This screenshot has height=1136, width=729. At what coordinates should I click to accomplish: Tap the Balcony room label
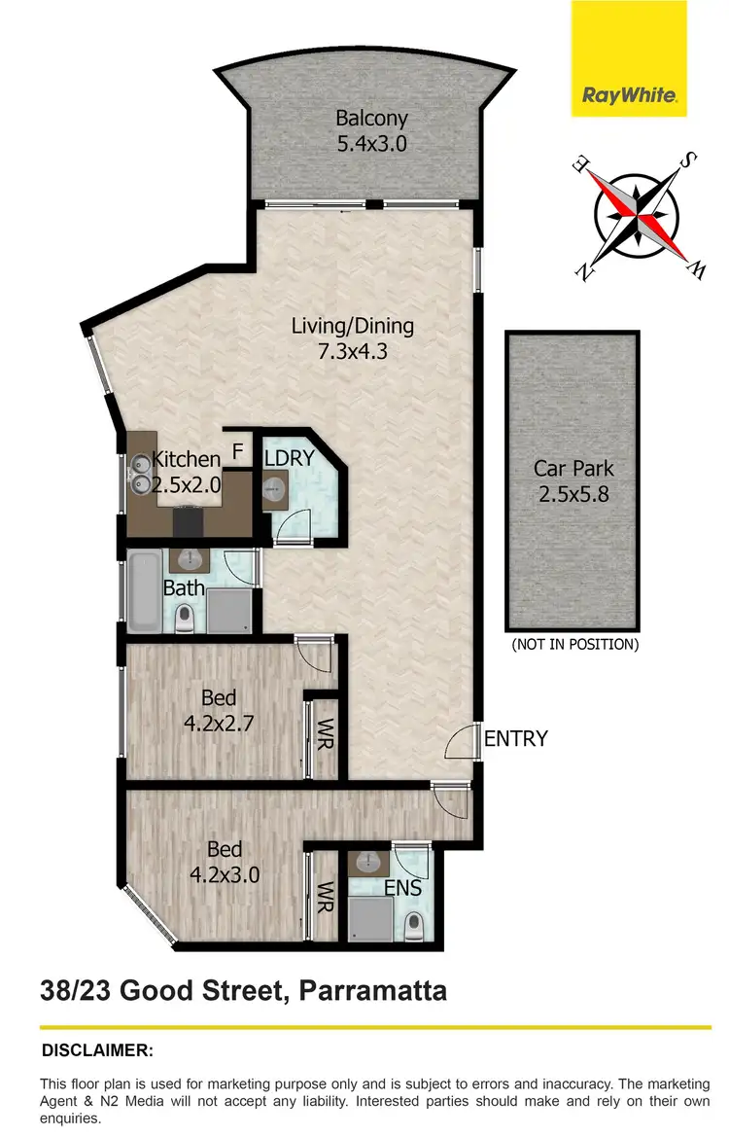click(371, 119)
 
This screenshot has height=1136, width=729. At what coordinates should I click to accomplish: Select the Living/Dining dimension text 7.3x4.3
click(353, 352)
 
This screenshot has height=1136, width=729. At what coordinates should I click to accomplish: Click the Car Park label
click(573, 468)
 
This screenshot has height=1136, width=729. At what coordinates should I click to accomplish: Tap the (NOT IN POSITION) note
click(574, 644)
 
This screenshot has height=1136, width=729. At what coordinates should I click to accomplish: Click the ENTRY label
click(515, 739)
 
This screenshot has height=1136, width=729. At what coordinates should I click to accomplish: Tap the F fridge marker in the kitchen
click(236, 451)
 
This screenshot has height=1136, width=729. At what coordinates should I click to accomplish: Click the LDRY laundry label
click(289, 456)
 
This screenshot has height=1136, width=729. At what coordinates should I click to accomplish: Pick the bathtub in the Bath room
click(144, 589)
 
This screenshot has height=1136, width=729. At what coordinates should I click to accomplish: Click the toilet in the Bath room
click(182, 618)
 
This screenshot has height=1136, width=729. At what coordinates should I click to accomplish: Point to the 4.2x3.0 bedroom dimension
click(225, 873)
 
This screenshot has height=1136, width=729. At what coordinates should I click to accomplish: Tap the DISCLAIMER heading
click(97, 1050)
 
